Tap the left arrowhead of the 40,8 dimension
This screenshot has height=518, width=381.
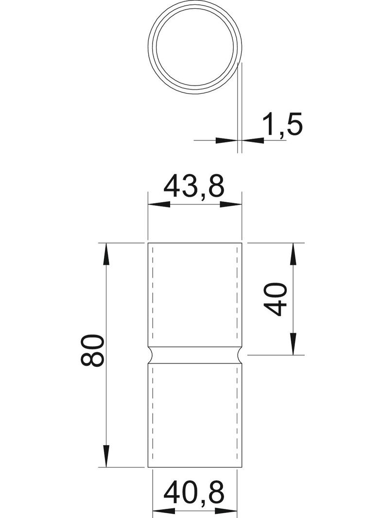(162, 511)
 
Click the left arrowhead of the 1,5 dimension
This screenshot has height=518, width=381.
(226, 140)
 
